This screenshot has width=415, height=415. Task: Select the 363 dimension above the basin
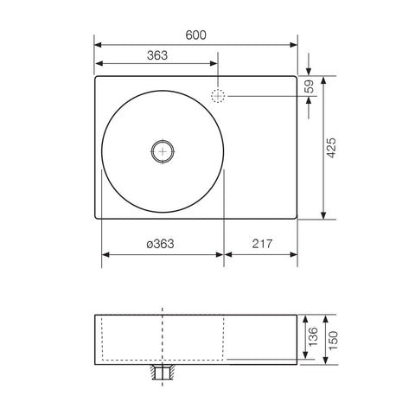(x=156, y=54)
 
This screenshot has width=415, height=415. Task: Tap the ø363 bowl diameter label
(x=161, y=244)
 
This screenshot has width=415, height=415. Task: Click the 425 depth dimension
(x=331, y=147)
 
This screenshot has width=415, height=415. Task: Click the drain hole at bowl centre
(x=162, y=150)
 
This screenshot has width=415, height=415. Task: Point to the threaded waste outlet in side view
(x=162, y=373)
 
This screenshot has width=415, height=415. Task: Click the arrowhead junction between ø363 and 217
(x=224, y=255)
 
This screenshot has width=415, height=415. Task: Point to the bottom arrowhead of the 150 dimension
(x=322, y=363)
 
